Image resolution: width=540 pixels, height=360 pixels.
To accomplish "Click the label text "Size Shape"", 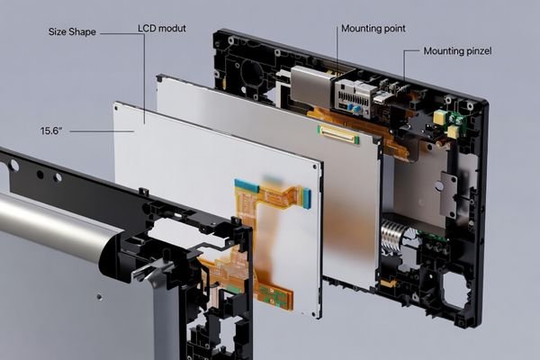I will pyautogui.click(x=71, y=31).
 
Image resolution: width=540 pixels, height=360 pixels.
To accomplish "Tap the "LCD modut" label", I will pyautogui.click(x=162, y=28).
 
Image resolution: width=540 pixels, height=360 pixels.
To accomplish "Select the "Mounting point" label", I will pyautogui.click(x=373, y=29).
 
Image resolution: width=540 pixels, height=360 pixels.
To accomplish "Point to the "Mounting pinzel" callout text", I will pyautogui.click(x=457, y=51).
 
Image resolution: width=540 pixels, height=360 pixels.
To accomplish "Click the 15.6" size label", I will pyautogui.click(x=50, y=131).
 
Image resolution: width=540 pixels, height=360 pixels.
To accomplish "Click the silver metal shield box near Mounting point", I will pyautogui.click(x=312, y=86).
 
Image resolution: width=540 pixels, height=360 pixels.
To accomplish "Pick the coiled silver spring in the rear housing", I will pyautogui.click(x=393, y=236).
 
